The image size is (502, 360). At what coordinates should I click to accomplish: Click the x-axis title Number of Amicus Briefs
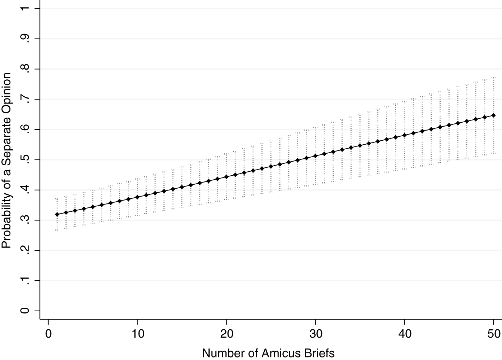pyautogui.click(x=268, y=352)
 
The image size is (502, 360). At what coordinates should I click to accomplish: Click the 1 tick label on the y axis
pyautogui.click(x=25, y=8)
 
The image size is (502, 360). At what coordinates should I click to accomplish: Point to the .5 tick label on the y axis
pyautogui.click(x=25, y=160)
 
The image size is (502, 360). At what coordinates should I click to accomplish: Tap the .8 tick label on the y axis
pyautogui.click(x=25, y=69)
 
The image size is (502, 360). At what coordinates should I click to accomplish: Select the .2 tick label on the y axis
pyautogui.click(x=25, y=250)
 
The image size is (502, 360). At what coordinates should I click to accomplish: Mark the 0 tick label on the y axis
pyautogui.click(x=25, y=311)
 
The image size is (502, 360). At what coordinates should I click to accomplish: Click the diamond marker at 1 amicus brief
pyautogui.click(x=57, y=214)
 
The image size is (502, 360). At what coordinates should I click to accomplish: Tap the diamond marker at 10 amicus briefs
pyautogui.click(x=137, y=197)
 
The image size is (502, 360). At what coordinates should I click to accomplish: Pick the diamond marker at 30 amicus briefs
pyautogui.click(x=315, y=156)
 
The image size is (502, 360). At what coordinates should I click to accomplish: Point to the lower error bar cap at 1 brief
pyautogui.click(x=57, y=230)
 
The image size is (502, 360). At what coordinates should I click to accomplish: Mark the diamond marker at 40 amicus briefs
pyautogui.click(x=404, y=135)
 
